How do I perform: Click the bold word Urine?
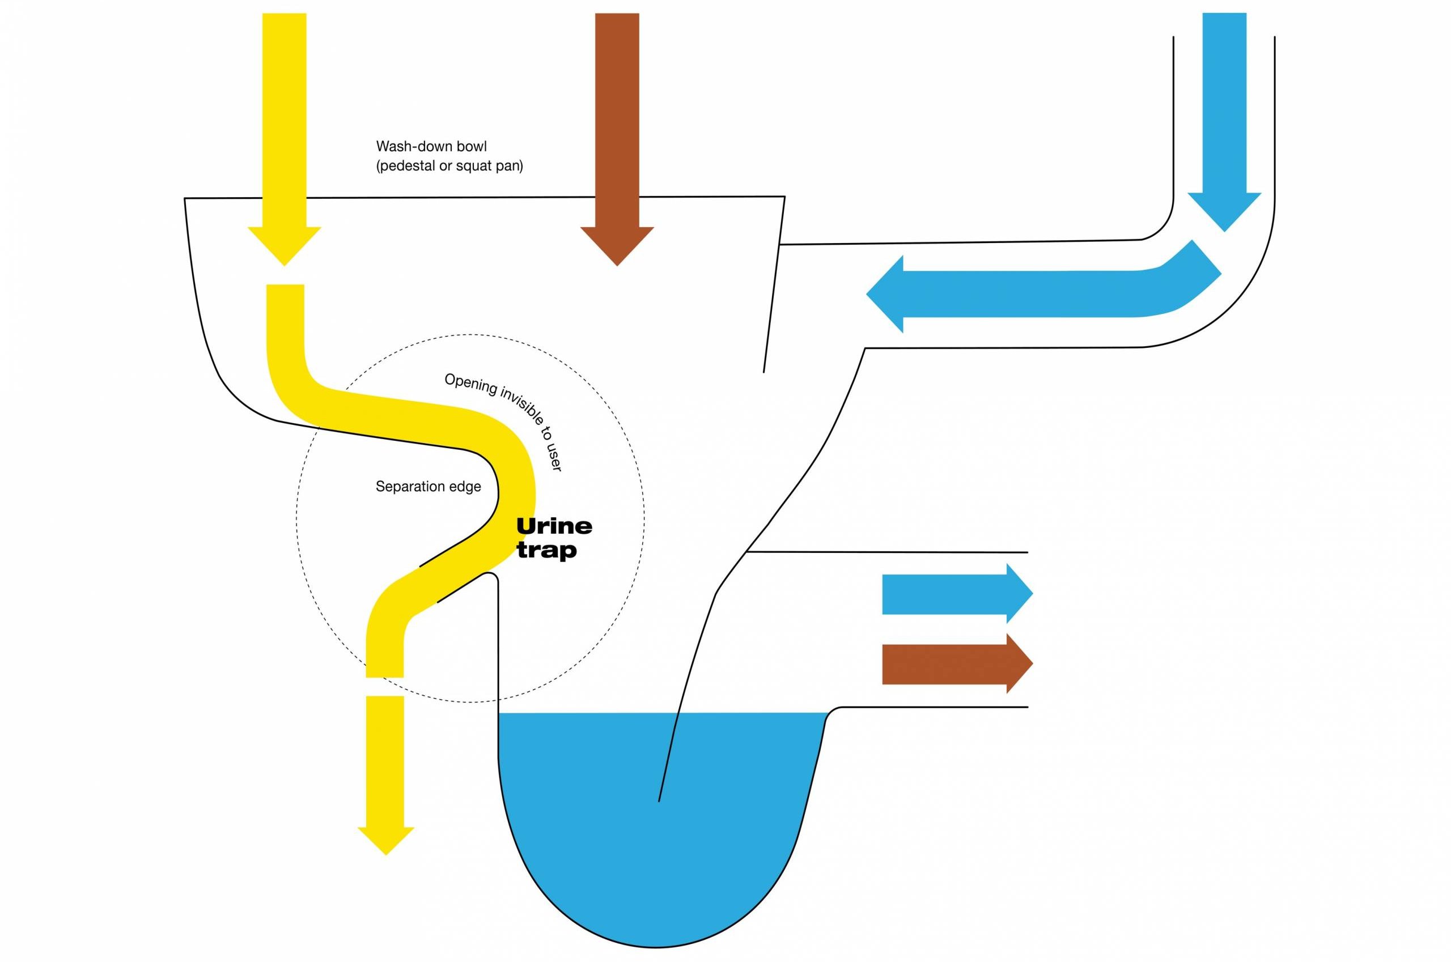tap(554, 526)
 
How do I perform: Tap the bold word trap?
tap(546, 550)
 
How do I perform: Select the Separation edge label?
tap(428, 487)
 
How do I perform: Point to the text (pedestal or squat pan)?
tap(449, 166)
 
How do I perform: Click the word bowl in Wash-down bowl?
tap(472, 147)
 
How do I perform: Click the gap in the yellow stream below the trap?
tap(385, 687)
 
